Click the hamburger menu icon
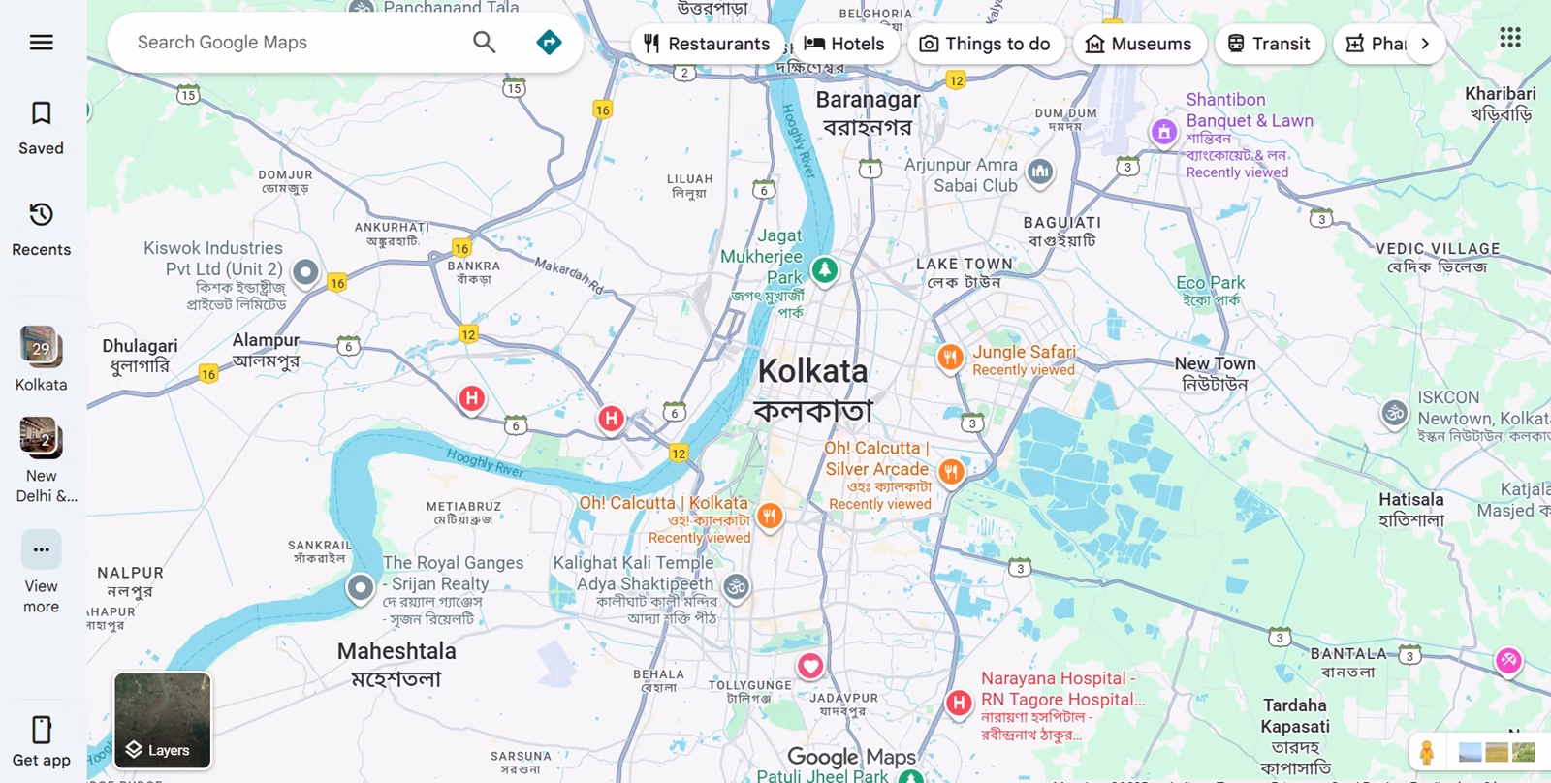pos(41,43)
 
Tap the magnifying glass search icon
pos(484,43)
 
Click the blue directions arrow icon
pos(549,43)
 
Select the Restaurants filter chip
pos(706,44)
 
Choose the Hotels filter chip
pos(844,44)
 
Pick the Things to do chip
pos(985,44)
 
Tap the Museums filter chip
pos(1139,44)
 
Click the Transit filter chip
pos(1269,44)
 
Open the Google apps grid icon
pos(1509,38)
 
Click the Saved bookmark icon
pos(41,114)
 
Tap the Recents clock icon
pos(41,214)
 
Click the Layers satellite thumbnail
pos(162,720)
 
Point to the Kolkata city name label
pos(812,371)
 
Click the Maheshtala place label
pos(396,651)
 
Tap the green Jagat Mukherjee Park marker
pos(825,269)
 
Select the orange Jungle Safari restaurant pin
pos(950,357)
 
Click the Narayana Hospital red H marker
pos(959,703)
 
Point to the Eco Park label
pos(1210,283)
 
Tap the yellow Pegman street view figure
pos(1426,752)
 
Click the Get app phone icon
pos(41,729)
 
